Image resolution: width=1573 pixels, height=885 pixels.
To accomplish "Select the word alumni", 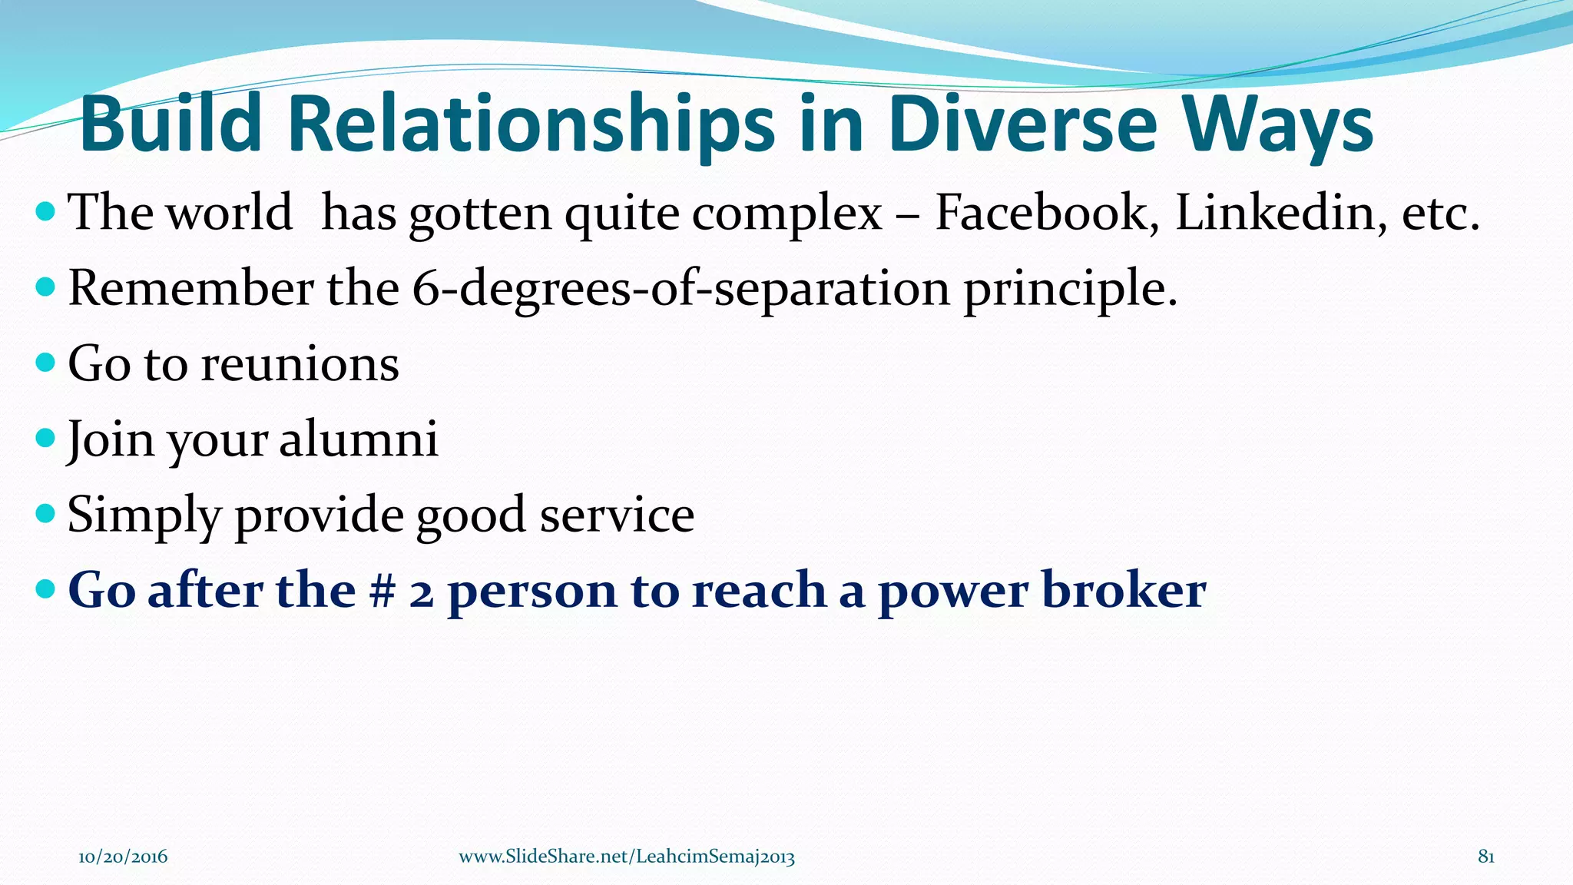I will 358,439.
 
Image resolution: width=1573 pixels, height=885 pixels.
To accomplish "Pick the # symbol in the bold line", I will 381,591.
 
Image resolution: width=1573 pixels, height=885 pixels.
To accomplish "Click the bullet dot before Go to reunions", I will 46,363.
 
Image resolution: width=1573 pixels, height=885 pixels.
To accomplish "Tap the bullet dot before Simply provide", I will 46,513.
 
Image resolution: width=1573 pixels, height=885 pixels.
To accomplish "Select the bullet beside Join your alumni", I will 46,438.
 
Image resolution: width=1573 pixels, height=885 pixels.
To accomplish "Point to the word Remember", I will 190,289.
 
